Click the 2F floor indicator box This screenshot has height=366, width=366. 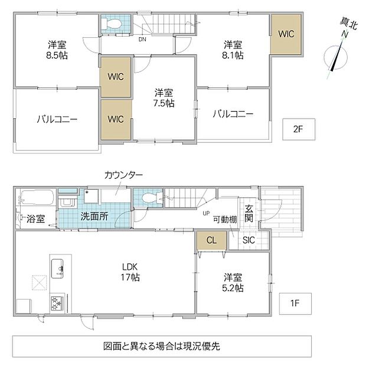(299, 129)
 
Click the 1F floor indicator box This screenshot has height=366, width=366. (295, 303)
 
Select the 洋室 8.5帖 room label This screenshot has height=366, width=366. (57, 50)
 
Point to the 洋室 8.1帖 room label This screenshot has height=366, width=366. (233, 50)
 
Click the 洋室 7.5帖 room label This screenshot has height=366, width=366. (164, 98)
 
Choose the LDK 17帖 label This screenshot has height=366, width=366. (130, 272)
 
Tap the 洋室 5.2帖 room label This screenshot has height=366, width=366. (233, 283)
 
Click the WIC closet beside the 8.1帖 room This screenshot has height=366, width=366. (286, 34)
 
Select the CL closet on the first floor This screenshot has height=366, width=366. (211, 240)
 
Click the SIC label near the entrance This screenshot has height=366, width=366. (249, 240)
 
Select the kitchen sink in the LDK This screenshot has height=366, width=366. (57, 269)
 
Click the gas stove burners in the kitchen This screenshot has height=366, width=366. (57, 303)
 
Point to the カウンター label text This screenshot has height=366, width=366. (123, 175)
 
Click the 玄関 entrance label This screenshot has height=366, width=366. (249, 214)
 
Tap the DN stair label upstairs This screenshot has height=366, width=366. (142, 40)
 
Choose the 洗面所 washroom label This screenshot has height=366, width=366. (94, 217)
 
